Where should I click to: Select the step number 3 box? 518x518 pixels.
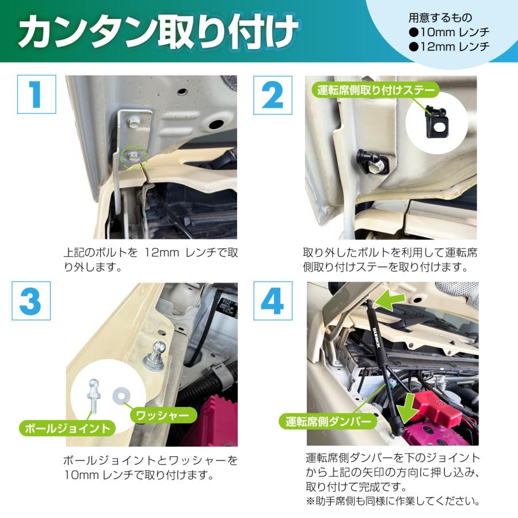(36, 302)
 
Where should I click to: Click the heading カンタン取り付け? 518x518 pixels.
(158, 33)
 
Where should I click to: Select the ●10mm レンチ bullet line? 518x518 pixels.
(449, 33)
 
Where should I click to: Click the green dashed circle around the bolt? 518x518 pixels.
(135, 155)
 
